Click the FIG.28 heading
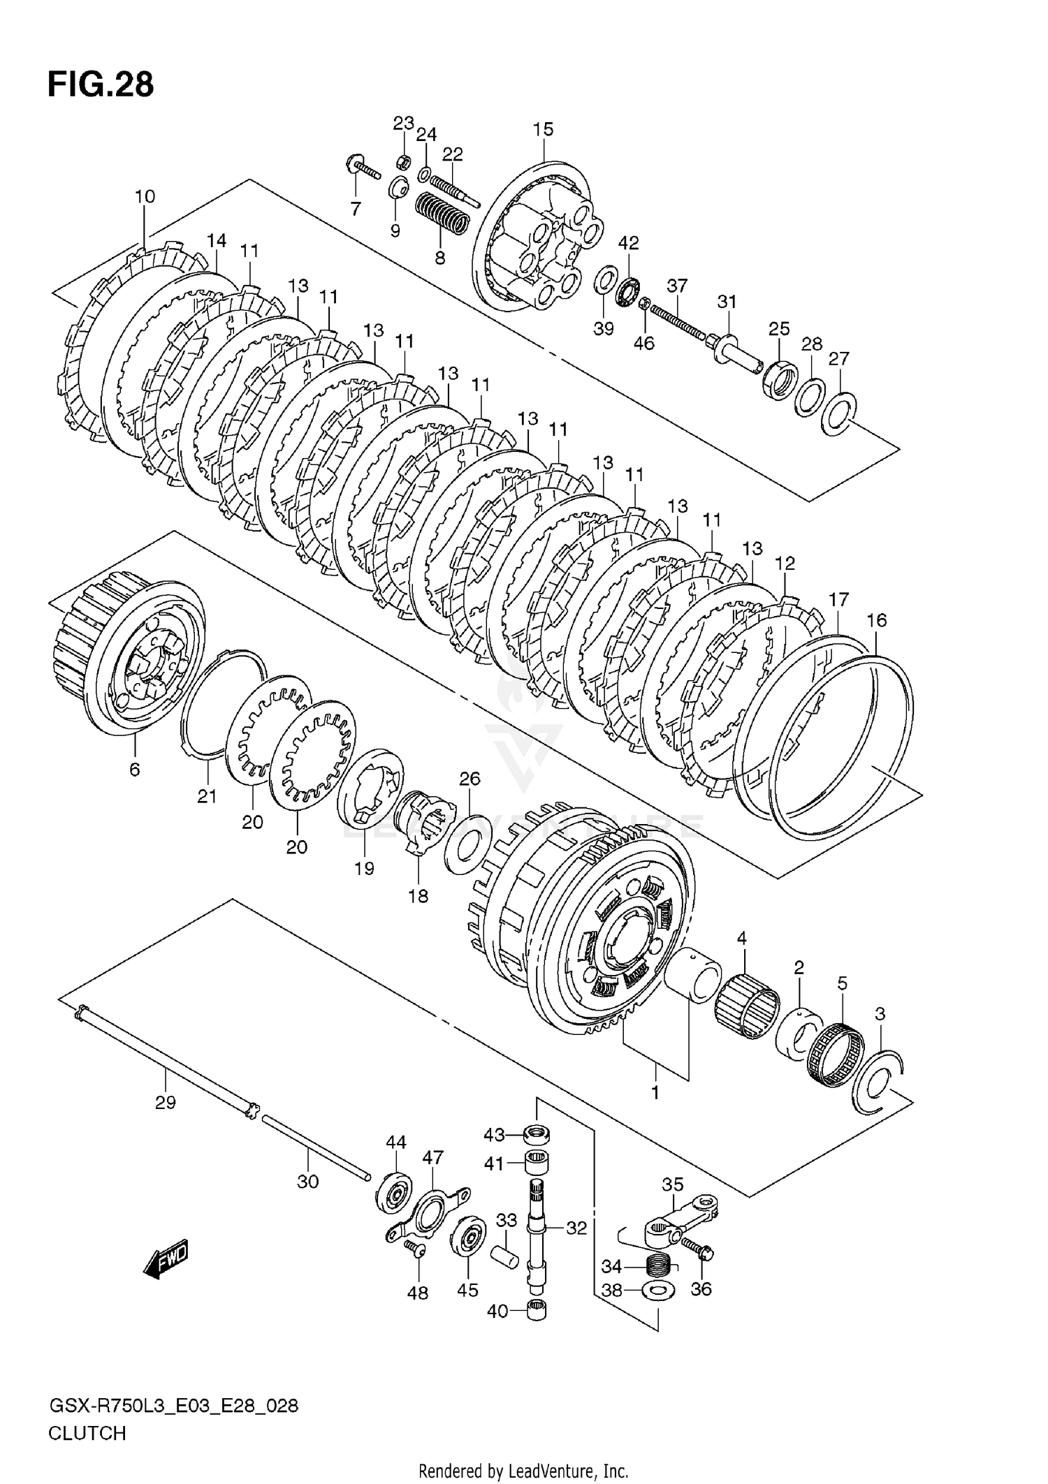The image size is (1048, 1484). [101, 85]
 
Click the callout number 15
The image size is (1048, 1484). [543, 129]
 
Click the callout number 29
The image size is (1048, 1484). [166, 1103]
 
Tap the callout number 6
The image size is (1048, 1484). [135, 770]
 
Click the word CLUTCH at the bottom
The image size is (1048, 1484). [87, 1433]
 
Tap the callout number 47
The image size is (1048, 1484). [432, 1157]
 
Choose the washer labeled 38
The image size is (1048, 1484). [657, 1290]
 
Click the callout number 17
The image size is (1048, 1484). [838, 599]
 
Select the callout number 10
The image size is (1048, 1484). [145, 196]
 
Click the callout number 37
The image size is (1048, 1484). [677, 286]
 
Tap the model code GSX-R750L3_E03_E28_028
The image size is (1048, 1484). [173, 1405]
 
